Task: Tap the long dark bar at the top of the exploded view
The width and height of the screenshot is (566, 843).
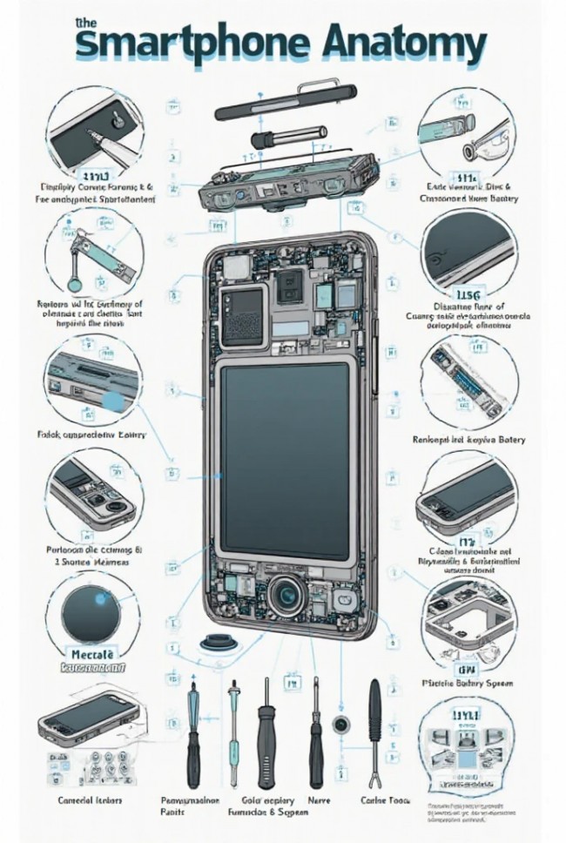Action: [286, 103]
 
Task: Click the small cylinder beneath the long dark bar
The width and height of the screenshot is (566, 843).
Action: [277, 138]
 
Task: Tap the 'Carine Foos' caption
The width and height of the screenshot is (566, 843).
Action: [384, 799]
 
